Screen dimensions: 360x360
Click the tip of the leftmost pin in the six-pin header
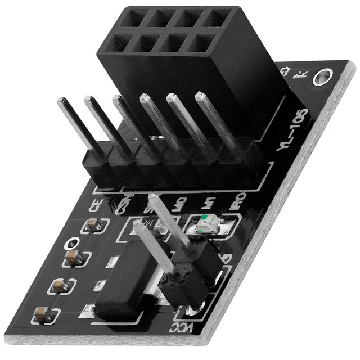pyautogui.click(x=62, y=101)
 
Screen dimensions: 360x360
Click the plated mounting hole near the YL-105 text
pyautogui.click(x=322, y=77)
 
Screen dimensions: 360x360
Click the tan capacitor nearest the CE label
pyautogui.click(x=93, y=226)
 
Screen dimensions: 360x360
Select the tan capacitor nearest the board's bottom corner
pyautogui.click(x=42, y=313)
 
